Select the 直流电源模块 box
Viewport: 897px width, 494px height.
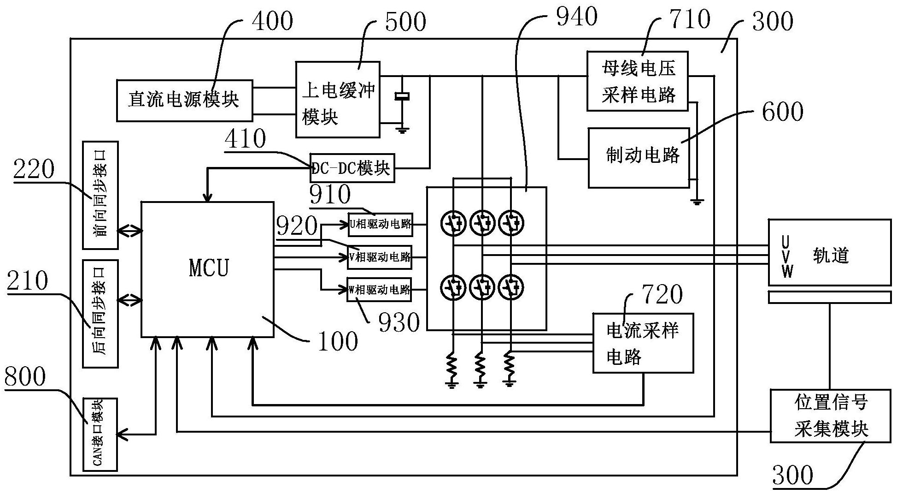pos(184,100)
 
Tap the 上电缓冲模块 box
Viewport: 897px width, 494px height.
pos(338,100)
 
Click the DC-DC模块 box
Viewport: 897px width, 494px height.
pos(352,168)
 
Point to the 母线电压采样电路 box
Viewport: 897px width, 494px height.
pos(637,81)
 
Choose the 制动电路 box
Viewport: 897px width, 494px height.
pos(639,158)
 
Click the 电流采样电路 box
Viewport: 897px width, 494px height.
pos(643,343)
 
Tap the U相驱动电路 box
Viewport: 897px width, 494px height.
pos(380,225)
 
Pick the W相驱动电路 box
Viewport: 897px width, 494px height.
pos(379,290)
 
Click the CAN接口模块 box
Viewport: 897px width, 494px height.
pos(100,434)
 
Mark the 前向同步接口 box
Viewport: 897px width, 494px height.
pos(100,195)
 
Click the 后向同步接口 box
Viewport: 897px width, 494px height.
pos(100,314)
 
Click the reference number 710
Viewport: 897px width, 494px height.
pos(690,19)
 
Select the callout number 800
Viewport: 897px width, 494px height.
pos(25,377)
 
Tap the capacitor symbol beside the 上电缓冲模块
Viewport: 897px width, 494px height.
pos(402,96)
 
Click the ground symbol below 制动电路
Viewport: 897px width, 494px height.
pos(696,202)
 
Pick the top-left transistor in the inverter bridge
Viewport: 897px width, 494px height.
pos(453,224)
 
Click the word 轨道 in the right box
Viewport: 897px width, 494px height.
pos(831,255)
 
